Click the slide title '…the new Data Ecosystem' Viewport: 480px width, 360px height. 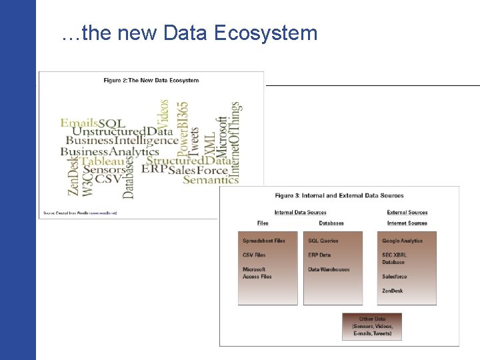pos(189,33)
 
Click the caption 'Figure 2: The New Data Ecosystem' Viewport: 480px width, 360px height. pos(151,81)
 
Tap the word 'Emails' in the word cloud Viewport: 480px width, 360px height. pos(79,123)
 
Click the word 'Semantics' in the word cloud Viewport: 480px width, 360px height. pos(211,179)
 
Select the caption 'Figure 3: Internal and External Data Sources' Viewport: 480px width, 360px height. pos(339,195)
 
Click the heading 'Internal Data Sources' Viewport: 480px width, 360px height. pos(300,213)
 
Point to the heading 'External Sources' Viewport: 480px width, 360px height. pos(407,213)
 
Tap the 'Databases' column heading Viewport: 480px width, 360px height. pos(331,223)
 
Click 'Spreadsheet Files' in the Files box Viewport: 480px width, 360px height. pos(264,241)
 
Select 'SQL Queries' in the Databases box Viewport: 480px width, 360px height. pos(323,241)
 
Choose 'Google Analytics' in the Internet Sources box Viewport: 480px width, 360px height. pos(403,241)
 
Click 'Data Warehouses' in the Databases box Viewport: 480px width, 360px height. pos(329,269)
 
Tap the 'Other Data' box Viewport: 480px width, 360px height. pos(372,327)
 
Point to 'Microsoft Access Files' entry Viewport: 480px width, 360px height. pos(257,273)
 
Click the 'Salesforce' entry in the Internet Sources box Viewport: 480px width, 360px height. pos(395,277)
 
